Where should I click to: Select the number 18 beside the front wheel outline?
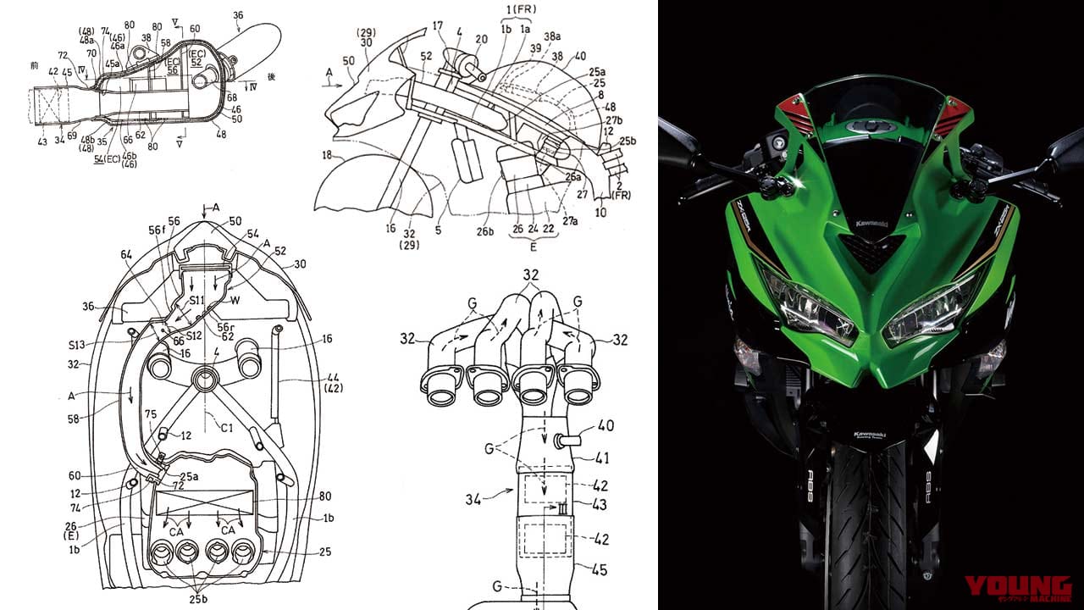[x=325, y=155]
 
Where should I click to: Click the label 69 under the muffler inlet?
[x=71, y=136]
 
